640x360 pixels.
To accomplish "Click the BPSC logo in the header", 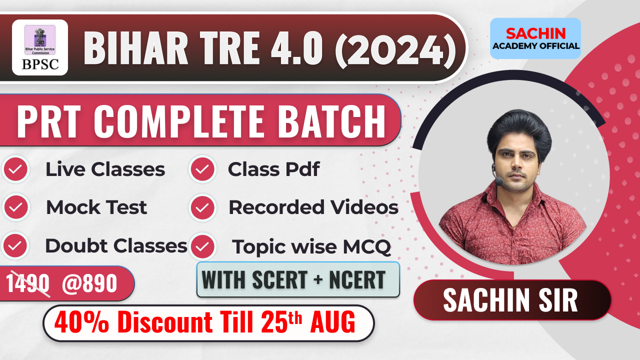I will click(x=40, y=47).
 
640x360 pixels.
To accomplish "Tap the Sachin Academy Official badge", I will click(x=535, y=39).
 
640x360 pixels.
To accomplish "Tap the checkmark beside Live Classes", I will click(x=15, y=169).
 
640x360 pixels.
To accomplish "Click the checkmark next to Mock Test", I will click(x=15, y=207).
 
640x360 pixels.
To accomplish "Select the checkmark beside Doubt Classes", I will click(x=15, y=245).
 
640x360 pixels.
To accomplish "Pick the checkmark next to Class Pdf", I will click(x=202, y=169).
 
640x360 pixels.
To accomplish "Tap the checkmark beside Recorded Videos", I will click(x=202, y=207).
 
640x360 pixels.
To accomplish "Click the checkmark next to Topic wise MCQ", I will click(x=202, y=245).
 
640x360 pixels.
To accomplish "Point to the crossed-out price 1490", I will click(x=28, y=284).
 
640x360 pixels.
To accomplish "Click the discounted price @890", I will click(x=89, y=284).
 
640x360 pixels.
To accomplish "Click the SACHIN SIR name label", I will click(x=510, y=300).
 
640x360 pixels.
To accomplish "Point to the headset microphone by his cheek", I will click(x=498, y=182).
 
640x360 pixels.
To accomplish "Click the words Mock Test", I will click(x=96, y=207).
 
